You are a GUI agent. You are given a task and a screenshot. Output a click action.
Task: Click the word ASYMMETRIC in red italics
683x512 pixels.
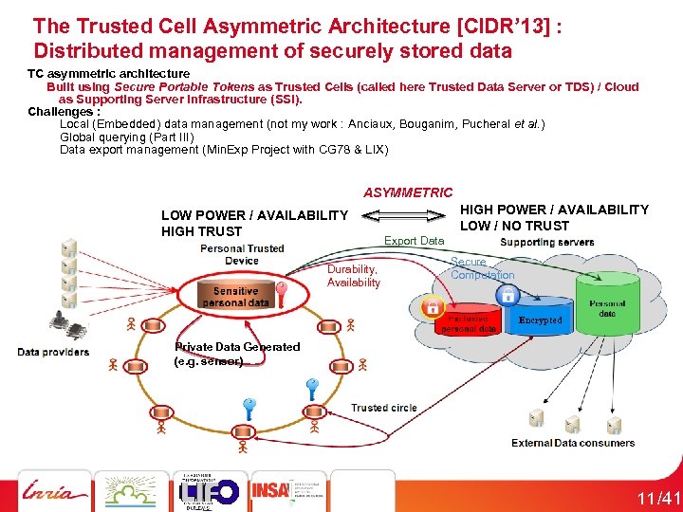coord(409,192)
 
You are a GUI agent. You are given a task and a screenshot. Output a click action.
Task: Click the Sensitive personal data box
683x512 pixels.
coord(235,297)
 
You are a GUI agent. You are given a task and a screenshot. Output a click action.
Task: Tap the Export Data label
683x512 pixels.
coord(414,241)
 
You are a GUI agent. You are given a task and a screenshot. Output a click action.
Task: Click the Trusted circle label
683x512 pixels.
coord(383,408)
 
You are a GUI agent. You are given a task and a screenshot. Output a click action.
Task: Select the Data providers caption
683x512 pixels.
coord(53,352)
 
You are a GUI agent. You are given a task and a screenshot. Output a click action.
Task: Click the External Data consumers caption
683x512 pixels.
coord(573,443)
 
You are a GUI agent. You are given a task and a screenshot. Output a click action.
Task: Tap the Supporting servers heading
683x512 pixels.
coord(546,243)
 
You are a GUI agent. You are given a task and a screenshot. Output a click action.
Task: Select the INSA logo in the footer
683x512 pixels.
coord(271,490)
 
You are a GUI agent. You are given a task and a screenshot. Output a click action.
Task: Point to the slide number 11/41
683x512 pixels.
coord(657,499)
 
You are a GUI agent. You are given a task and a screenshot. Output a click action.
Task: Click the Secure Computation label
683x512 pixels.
coord(482,268)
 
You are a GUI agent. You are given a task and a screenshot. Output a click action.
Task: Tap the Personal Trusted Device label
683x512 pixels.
coord(242,254)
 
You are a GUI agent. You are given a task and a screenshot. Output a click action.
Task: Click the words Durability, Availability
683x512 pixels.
coord(353,276)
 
